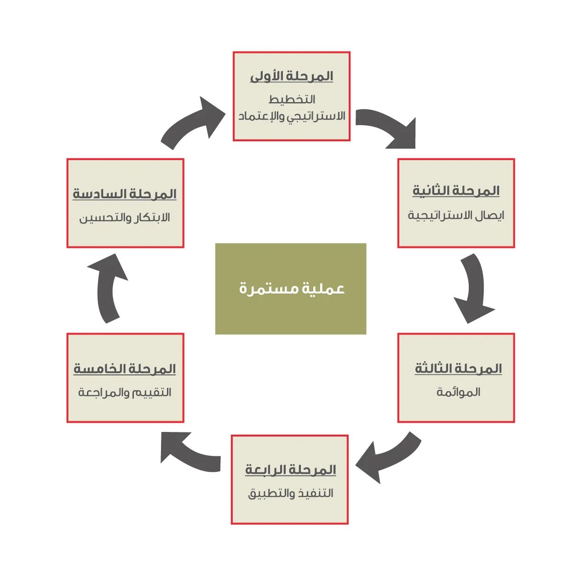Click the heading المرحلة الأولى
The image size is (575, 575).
pyautogui.click(x=291, y=76)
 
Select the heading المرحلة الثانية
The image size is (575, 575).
pyautogui.click(x=456, y=190)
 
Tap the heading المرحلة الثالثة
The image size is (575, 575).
pyautogui.click(x=458, y=368)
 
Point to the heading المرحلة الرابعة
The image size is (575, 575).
pyautogui.click(x=290, y=470)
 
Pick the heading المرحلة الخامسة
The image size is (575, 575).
pyautogui.click(x=125, y=369)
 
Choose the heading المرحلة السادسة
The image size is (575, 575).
pyautogui.click(x=125, y=194)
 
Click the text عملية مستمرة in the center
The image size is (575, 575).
pyautogui.click(x=291, y=289)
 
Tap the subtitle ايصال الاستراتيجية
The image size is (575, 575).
pyautogui.click(x=456, y=215)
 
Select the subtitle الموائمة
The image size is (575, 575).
pyautogui.click(x=458, y=392)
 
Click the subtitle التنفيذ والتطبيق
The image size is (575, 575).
pyautogui.click(x=290, y=494)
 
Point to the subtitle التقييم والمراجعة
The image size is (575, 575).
pyautogui.click(x=125, y=392)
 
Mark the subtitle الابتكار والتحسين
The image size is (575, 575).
pyautogui.click(x=125, y=218)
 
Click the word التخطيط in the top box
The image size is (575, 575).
pyautogui.click(x=292, y=99)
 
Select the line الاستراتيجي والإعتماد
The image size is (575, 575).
pyautogui.click(x=292, y=116)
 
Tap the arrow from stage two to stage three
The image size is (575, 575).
pyautogui.click(x=474, y=290)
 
